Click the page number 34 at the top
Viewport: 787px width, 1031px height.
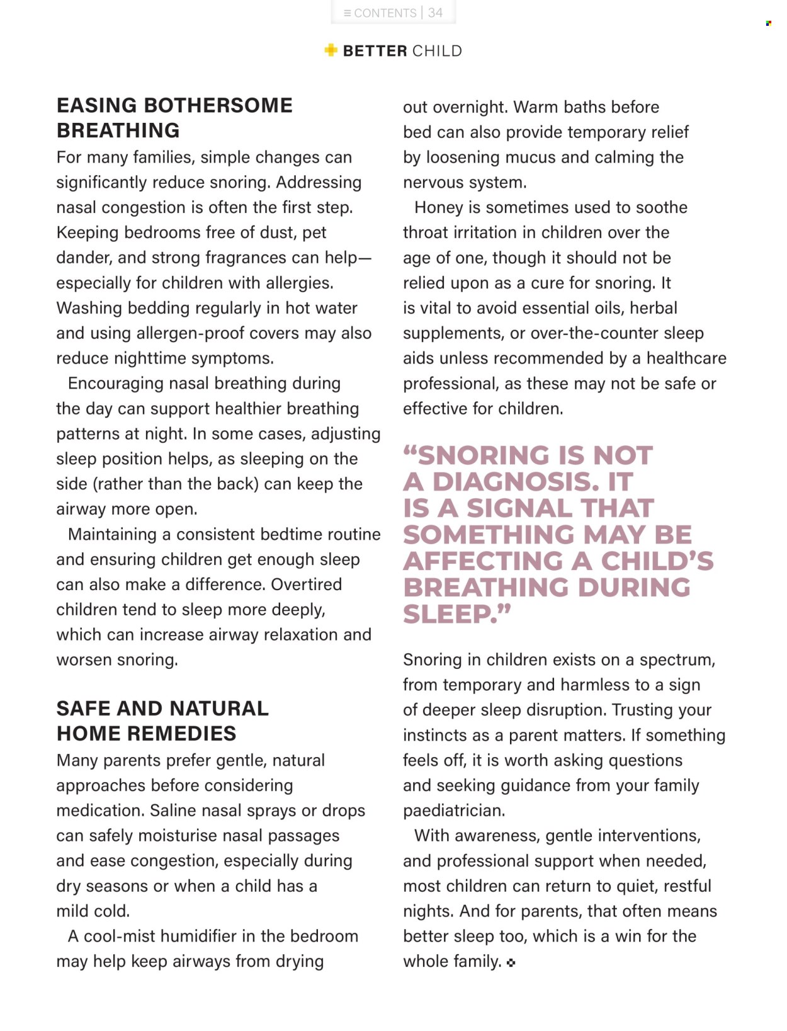click(435, 13)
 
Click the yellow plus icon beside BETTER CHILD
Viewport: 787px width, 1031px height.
click(331, 50)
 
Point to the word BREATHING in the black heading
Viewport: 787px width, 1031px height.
click(118, 130)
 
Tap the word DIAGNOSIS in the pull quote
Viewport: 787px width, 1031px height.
click(516, 482)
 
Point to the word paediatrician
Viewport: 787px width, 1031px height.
click(453, 810)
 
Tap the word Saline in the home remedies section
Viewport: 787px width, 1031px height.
click(173, 810)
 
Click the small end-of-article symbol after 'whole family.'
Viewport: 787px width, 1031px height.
click(511, 962)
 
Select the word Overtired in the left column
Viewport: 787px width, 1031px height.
click(306, 584)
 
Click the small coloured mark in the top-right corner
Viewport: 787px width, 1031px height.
click(768, 23)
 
